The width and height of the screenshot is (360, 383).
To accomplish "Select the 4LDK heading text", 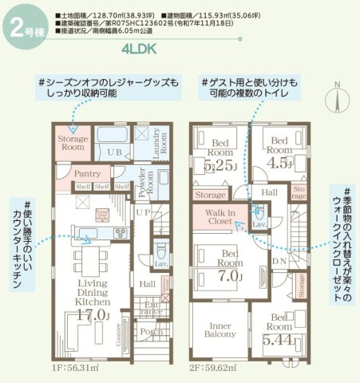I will tap(140, 49).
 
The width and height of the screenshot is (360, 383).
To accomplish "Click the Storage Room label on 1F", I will tap(73, 143).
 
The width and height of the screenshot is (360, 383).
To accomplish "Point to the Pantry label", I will tap(85, 173).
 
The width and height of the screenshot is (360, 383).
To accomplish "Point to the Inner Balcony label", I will tap(220, 330).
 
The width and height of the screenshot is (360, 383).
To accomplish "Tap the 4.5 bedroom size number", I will tap(279, 163).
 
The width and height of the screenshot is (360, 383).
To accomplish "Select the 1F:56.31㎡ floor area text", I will tap(76, 369).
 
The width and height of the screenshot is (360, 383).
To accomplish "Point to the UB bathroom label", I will tap(114, 151).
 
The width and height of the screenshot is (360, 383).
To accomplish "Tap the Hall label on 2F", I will tap(270, 191).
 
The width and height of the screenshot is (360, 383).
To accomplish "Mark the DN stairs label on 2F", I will tap(279, 260).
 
